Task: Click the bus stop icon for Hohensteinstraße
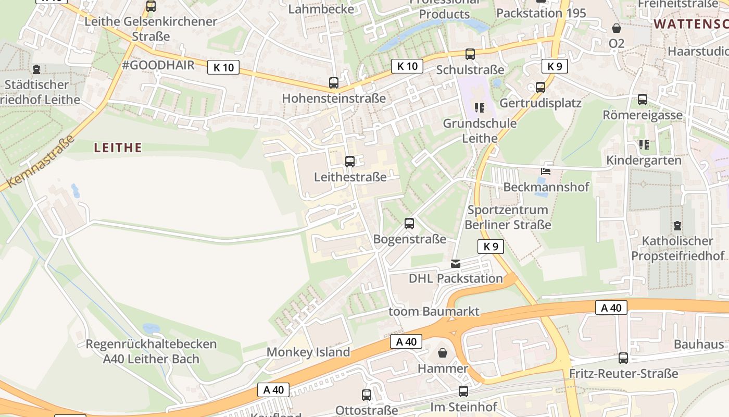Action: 334,82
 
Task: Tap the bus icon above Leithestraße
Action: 350,161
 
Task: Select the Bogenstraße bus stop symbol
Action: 409,224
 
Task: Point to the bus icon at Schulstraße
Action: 470,54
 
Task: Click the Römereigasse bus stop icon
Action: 643,99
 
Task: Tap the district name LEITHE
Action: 118,148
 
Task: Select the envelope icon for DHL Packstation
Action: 456,263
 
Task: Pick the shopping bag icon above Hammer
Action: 443,353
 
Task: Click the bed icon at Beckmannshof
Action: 546,171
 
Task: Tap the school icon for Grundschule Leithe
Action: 480,108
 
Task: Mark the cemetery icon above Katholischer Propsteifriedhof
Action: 677,226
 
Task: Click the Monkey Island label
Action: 308,352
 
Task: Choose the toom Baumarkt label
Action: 434,312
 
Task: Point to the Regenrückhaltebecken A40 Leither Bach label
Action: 151,351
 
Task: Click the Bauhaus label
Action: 699,344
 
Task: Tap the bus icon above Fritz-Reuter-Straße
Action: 623,358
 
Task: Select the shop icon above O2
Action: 617,28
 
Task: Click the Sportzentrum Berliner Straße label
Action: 508,217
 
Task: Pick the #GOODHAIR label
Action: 158,65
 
